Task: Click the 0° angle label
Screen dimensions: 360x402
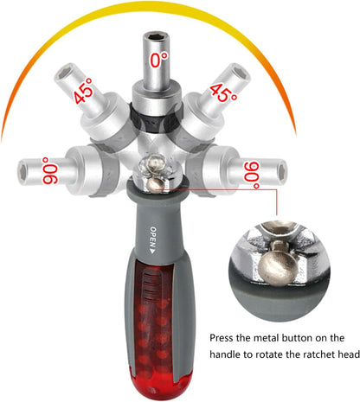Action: click(159, 59)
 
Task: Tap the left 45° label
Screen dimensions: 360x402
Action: click(83, 91)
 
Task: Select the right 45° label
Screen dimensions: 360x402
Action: click(224, 93)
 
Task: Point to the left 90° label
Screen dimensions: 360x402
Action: click(50, 170)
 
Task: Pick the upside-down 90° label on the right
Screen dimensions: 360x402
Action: click(252, 175)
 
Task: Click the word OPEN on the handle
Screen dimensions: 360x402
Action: click(153, 237)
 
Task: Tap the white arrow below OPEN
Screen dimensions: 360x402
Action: click(153, 251)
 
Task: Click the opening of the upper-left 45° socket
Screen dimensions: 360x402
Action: click(64, 73)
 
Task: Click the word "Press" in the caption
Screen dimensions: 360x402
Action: click(221, 338)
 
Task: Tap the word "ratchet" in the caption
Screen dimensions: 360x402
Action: click(316, 354)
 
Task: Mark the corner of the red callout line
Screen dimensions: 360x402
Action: click(277, 189)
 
